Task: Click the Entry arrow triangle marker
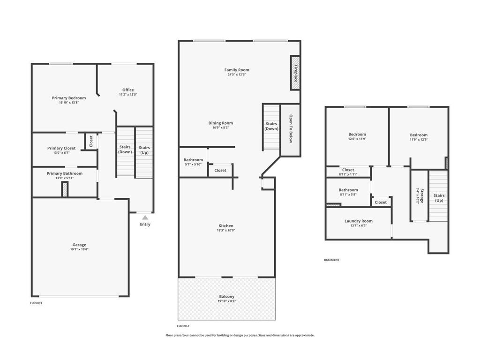(x=145, y=217)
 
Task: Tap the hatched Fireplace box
(x=295, y=73)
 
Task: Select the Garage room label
(x=79, y=245)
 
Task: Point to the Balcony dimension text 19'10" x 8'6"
(x=226, y=301)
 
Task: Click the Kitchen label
(x=226, y=225)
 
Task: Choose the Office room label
(x=128, y=90)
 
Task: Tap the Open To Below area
(x=291, y=130)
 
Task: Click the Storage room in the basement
(x=419, y=195)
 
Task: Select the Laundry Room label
(x=359, y=221)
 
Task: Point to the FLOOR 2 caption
(x=183, y=326)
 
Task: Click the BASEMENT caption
(x=331, y=260)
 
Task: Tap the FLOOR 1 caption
(x=36, y=303)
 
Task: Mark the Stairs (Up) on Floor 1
(x=144, y=152)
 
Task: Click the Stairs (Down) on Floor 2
(x=271, y=127)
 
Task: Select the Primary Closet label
(x=61, y=148)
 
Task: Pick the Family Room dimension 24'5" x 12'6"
(x=237, y=75)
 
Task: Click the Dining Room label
(x=220, y=123)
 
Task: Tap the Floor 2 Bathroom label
(x=193, y=159)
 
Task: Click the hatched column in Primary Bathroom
(x=65, y=189)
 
